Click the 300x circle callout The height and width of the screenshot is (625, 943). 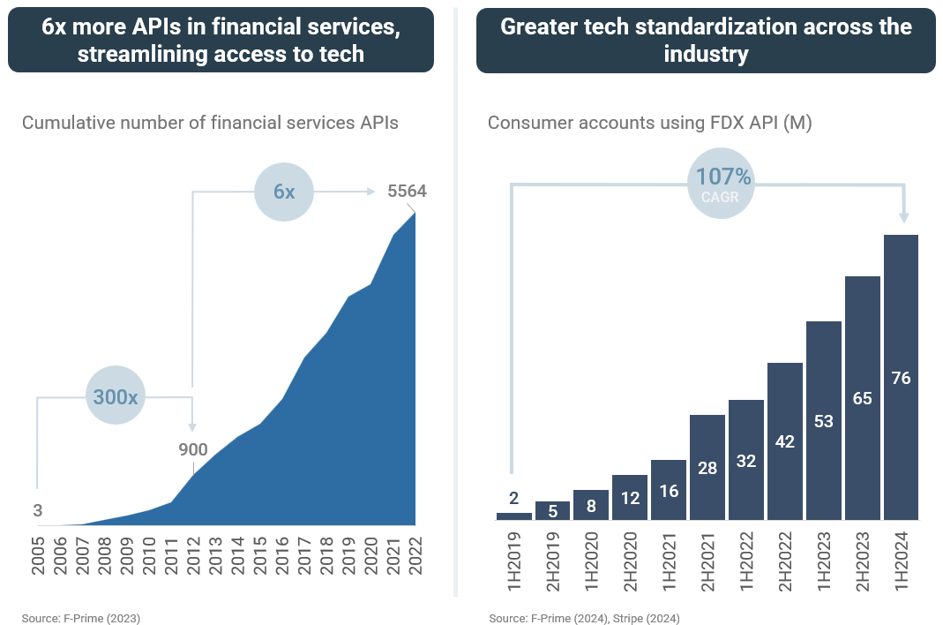coord(116,397)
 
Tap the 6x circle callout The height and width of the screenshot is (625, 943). coord(284,191)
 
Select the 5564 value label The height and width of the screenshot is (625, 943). coord(408,191)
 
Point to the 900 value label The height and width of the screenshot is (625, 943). coord(192,450)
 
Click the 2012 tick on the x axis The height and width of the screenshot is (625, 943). coord(193,554)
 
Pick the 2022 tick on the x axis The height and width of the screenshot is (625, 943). coord(415,554)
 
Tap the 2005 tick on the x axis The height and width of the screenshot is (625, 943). coord(38,554)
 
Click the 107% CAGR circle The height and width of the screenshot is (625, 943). coord(720,184)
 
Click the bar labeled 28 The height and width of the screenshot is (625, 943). coord(707,467)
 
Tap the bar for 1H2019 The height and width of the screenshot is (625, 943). coord(513,516)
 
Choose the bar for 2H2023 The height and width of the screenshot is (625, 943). coord(862,398)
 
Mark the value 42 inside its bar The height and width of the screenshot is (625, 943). coord(784,441)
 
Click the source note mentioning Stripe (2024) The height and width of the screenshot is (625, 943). coord(584,618)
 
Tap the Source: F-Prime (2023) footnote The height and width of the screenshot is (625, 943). coord(80,618)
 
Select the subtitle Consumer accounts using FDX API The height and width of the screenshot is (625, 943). coord(649,123)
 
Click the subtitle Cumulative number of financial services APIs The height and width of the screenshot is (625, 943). coord(210,123)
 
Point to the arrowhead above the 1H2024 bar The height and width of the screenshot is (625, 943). coord(902,217)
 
